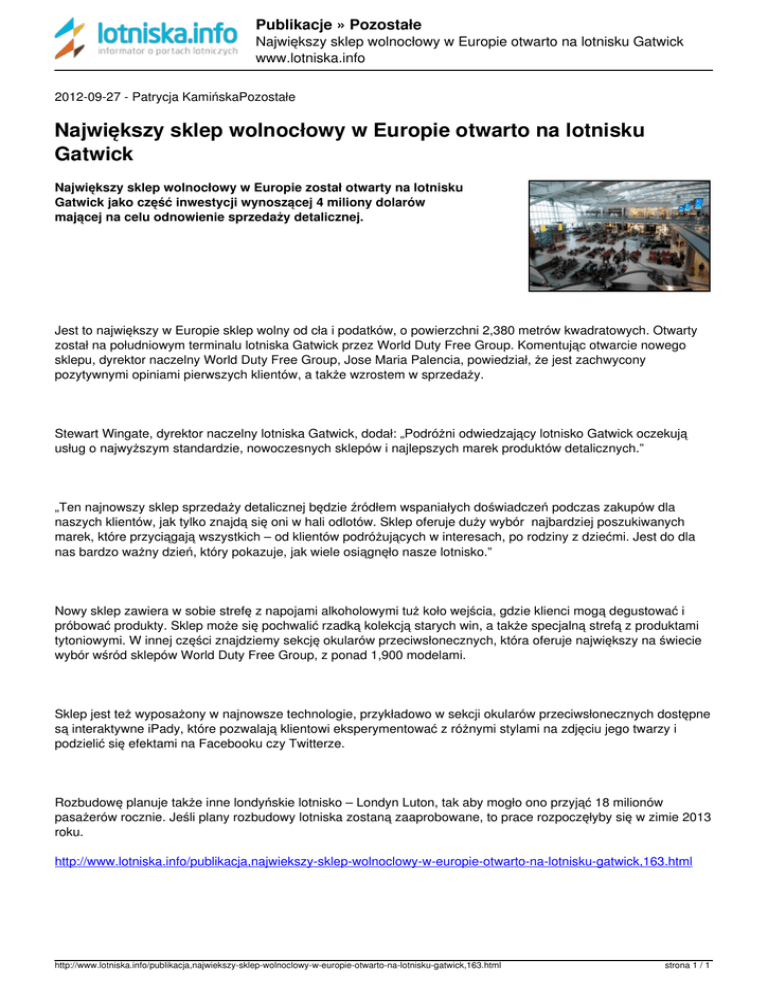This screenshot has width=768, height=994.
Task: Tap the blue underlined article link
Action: point(372,859)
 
